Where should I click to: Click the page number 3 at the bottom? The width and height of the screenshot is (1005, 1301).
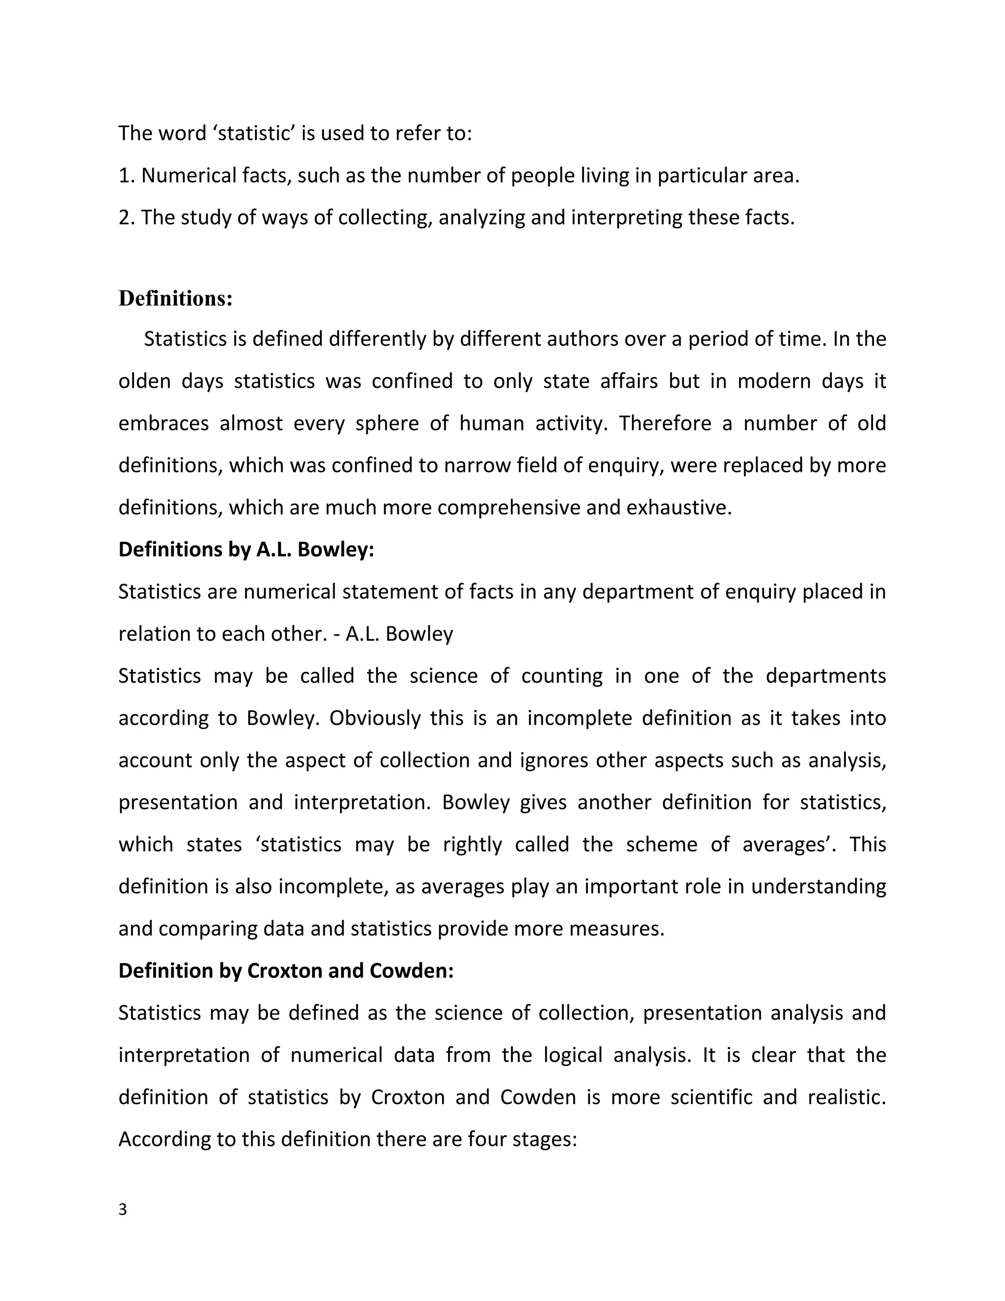click(123, 1210)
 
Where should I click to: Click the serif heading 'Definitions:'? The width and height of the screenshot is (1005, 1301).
click(175, 298)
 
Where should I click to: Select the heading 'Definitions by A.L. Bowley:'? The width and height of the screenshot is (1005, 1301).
click(246, 549)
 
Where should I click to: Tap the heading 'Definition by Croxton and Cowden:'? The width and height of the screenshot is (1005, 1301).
click(286, 971)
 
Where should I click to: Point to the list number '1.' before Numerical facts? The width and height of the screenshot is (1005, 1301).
click(127, 176)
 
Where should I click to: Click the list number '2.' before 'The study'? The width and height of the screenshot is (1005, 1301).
click(127, 218)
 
